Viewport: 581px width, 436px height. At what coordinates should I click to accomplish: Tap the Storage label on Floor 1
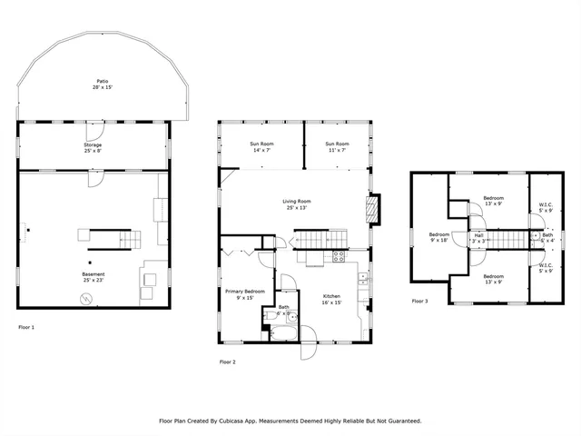94,147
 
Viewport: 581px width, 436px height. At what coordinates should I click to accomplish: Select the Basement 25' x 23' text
94,276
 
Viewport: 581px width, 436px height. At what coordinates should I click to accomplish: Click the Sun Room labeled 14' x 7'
261,146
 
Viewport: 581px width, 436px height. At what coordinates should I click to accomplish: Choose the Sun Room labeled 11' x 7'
337,146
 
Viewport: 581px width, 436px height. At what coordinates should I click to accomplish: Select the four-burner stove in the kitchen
338,256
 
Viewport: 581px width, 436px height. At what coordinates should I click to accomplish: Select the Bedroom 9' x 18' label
438,237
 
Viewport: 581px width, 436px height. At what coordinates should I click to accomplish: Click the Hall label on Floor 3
478,238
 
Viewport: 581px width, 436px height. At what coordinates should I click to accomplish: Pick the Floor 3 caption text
420,301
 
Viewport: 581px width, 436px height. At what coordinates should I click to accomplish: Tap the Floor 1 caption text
26,326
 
